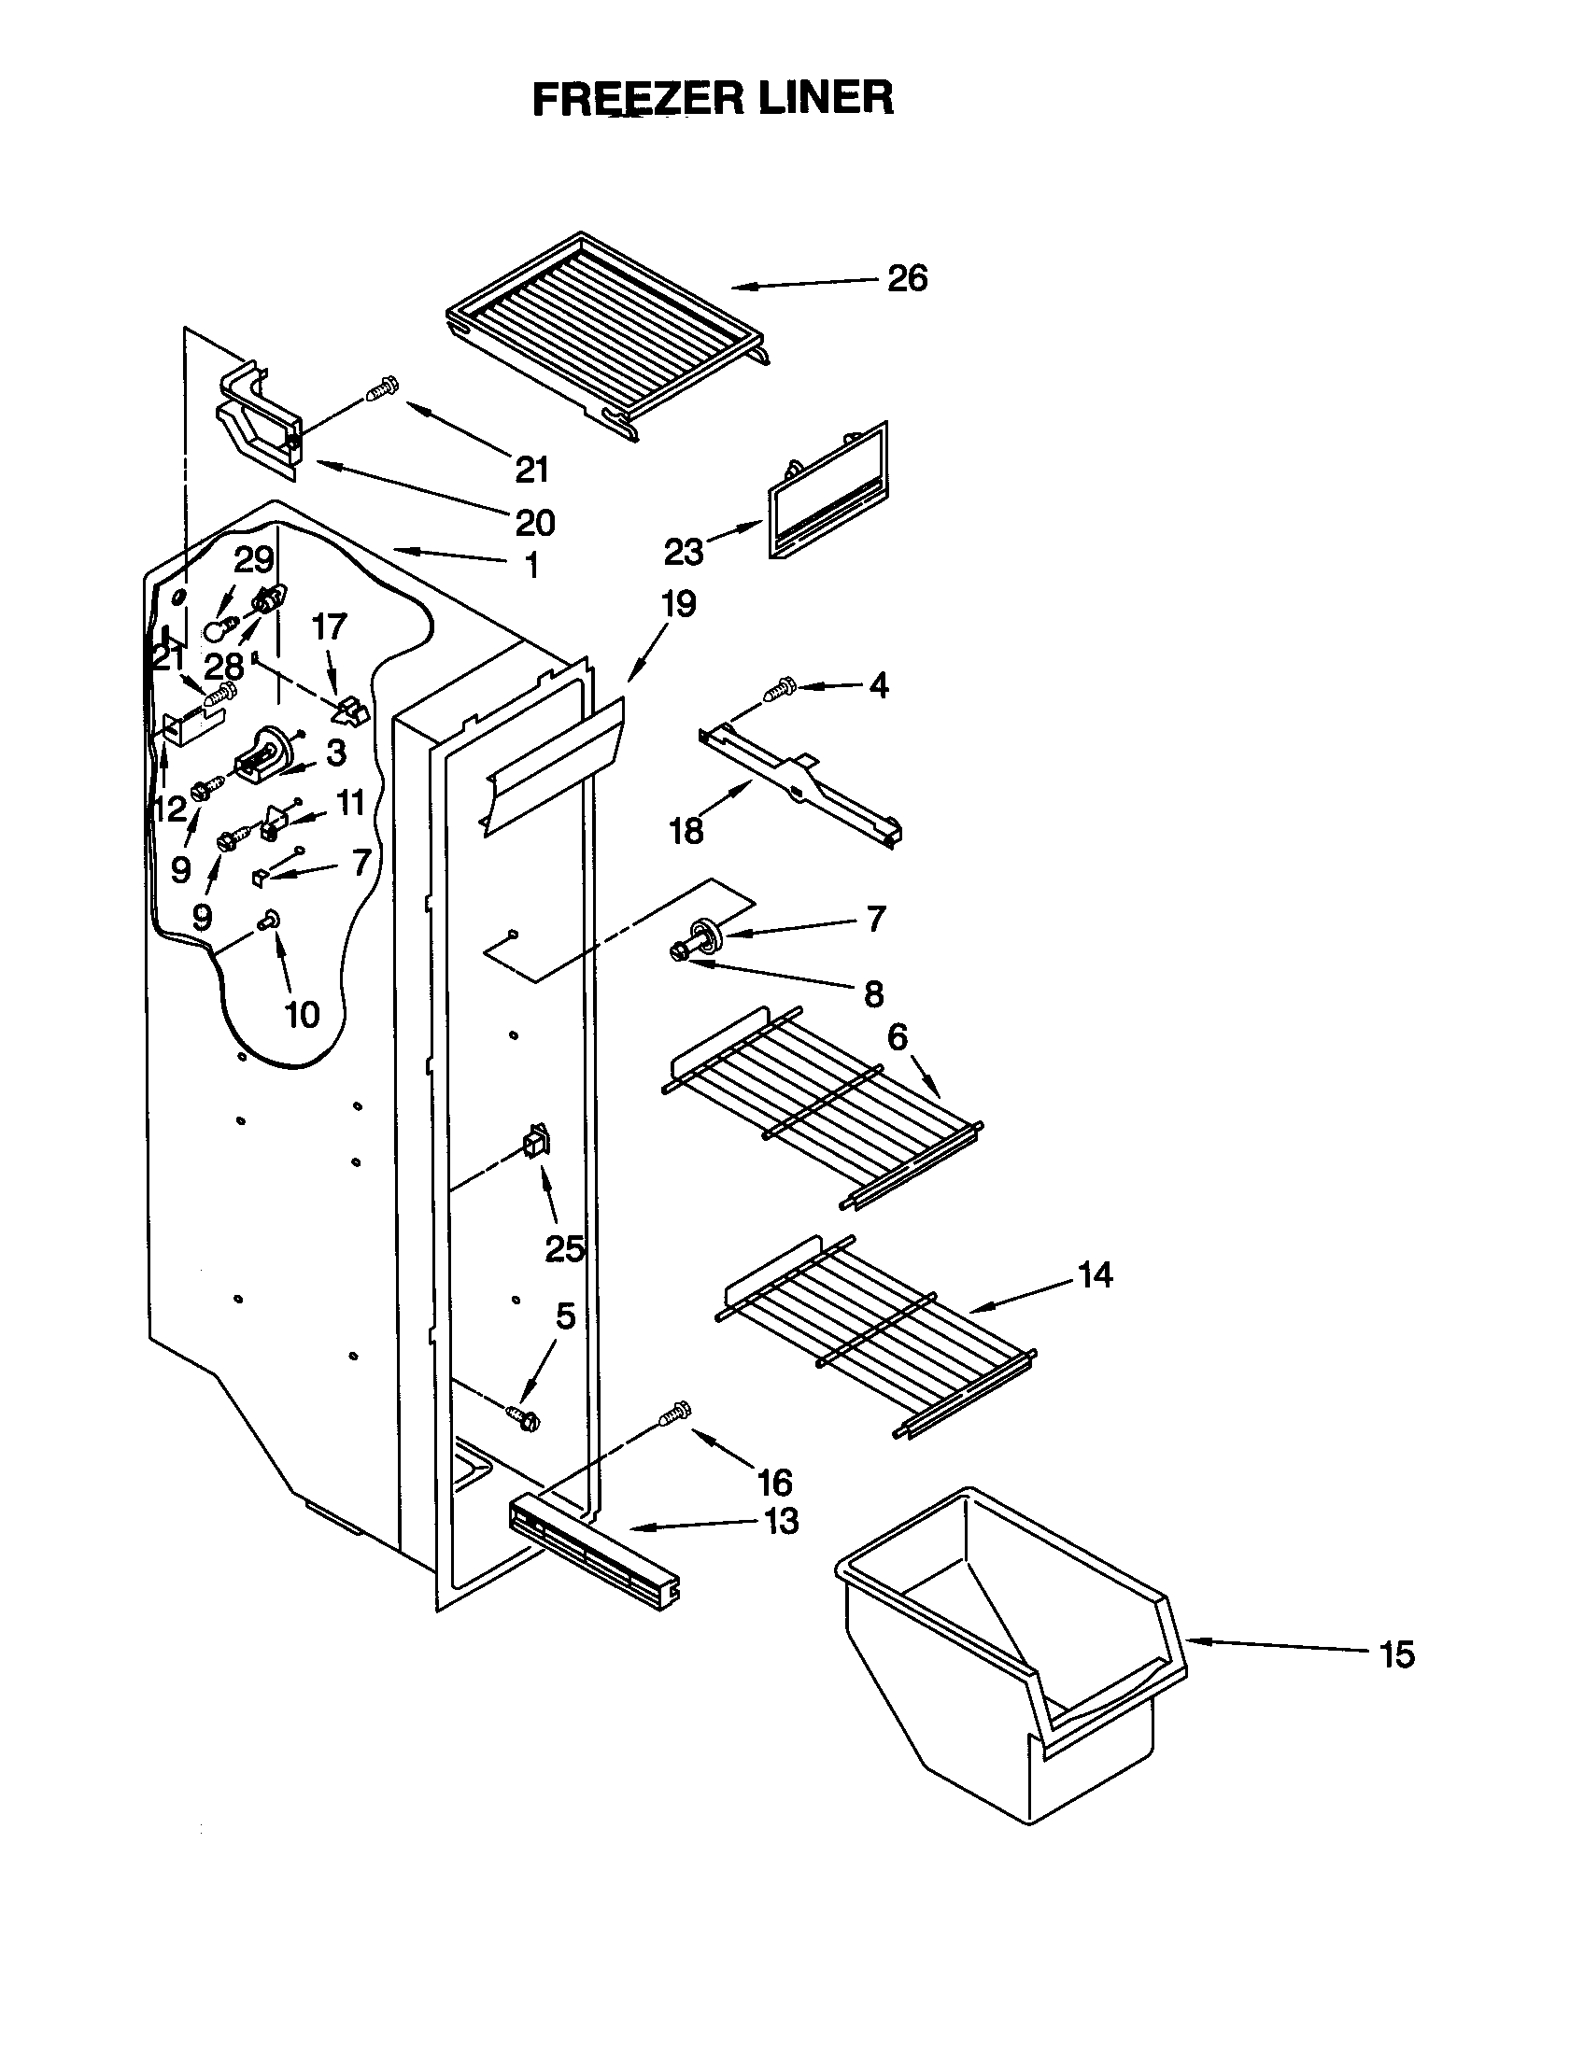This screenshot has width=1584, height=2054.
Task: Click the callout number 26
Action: (907, 278)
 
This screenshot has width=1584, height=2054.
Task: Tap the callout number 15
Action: (1397, 1653)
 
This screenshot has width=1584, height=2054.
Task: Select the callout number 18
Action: (686, 830)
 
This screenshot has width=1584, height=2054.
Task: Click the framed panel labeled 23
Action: (827, 494)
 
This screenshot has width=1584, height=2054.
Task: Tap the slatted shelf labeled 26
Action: (607, 334)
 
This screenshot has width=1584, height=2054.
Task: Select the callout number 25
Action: (565, 1248)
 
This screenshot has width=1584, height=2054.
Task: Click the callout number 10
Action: (302, 1014)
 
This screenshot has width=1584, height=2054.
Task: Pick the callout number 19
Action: (678, 604)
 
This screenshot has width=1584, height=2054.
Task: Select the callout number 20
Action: (534, 522)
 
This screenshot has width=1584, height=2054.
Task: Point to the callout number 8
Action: (873, 993)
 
